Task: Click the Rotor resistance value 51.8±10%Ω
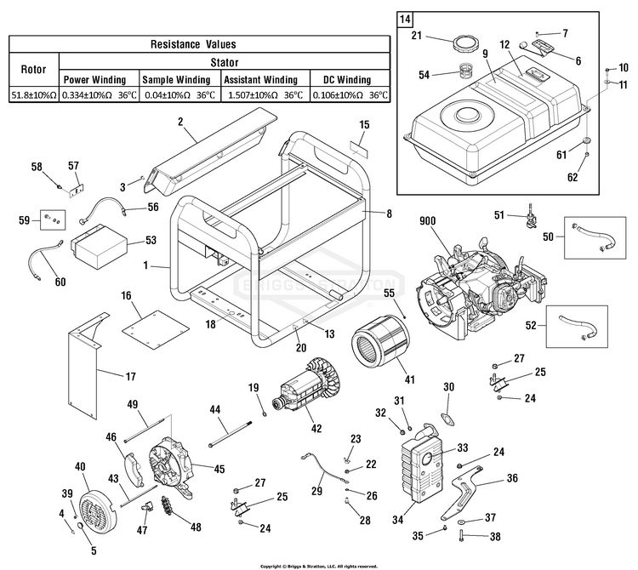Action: point(33,96)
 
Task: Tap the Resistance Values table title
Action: point(193,43)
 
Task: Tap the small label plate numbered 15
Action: point(360,151)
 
